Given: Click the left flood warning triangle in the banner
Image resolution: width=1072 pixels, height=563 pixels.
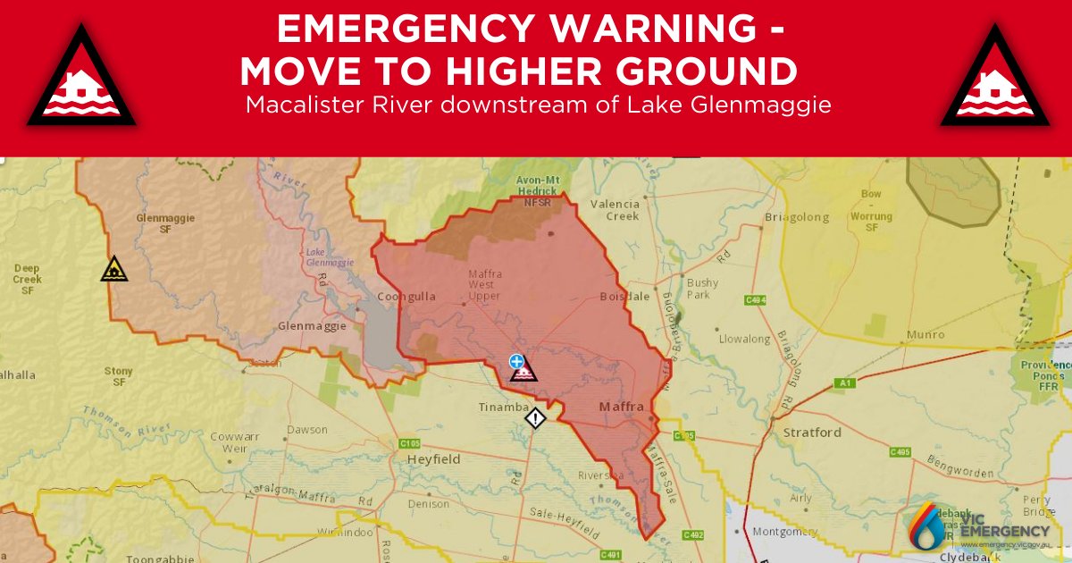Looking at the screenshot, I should pos(81,80).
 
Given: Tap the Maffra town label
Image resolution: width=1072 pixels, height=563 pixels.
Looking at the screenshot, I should pos(620,408).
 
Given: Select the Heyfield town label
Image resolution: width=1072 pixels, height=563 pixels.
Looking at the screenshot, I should pos(433,458).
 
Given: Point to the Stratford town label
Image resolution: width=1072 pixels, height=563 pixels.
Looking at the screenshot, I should pos(811,433).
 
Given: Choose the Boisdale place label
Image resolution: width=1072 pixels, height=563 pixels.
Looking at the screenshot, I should pos(623,297).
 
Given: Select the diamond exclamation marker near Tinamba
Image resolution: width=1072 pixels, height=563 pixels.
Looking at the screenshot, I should pos(534,417).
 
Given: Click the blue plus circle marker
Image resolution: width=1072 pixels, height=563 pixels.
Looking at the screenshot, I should pos(515,361).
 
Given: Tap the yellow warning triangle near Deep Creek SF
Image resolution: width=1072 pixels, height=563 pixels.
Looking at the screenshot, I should pos(113,268).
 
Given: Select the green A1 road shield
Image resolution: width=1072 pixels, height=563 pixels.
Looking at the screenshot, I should pos(842,383).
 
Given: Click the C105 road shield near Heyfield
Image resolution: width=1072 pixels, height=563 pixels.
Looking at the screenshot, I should pos(410,443).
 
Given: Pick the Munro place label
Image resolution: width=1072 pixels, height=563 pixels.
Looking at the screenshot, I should pos(925,334).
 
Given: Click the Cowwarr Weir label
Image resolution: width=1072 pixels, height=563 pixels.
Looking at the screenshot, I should pos(228,442).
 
